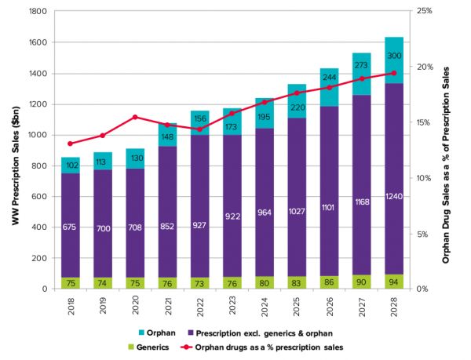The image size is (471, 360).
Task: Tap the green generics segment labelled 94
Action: click(x=393, y=282)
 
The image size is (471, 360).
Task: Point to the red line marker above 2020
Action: click(x=135, y=117)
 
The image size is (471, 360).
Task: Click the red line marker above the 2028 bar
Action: click(x=393, y=73)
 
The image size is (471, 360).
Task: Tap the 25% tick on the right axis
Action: click(x=425, y=12)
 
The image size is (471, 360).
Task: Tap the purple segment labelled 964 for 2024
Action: click(x=265, y=212)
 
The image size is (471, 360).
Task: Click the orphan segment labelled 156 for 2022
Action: click(x=200, y=122)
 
